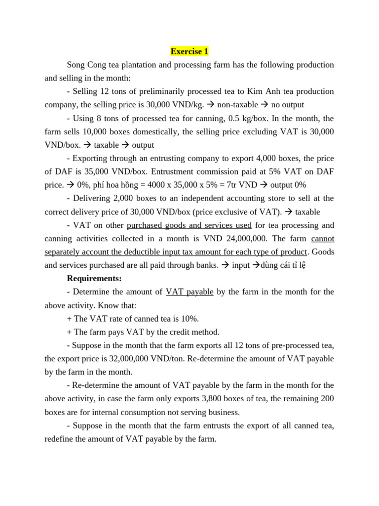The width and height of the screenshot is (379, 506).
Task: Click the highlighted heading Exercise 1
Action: [x=189, y=51]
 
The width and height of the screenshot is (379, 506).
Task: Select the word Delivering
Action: [x=93, y=198]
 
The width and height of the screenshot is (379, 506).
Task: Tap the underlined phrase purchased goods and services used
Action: [x=189, y=225]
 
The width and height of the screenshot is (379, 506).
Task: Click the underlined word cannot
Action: [x=322, y=238]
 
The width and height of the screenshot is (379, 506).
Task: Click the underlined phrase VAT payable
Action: [x=189, y=292]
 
